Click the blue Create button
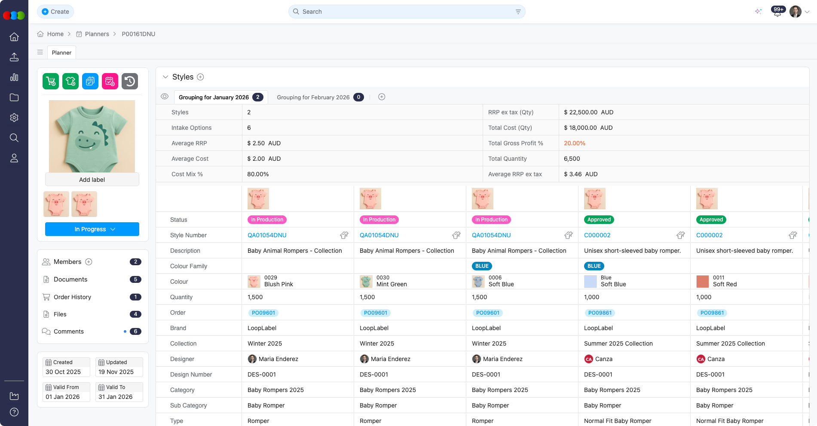55,12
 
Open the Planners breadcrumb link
97,34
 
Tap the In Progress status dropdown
92,229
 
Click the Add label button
92,180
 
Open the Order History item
72,297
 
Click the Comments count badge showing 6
135,331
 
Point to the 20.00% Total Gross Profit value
575,143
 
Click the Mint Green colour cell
391,282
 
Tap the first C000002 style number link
597,235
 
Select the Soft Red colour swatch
702,282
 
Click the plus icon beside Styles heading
200,77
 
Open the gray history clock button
130,81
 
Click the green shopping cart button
51,81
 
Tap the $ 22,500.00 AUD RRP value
588,112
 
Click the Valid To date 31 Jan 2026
116,397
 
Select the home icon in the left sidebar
14,37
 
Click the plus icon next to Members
89,262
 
